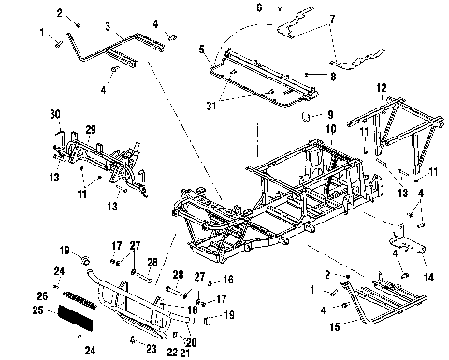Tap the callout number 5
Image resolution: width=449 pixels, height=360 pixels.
point(202,48)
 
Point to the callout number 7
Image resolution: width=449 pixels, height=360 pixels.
point(332,19)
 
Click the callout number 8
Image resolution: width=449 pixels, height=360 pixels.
point(333,75)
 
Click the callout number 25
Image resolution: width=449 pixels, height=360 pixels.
point(37,309)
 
